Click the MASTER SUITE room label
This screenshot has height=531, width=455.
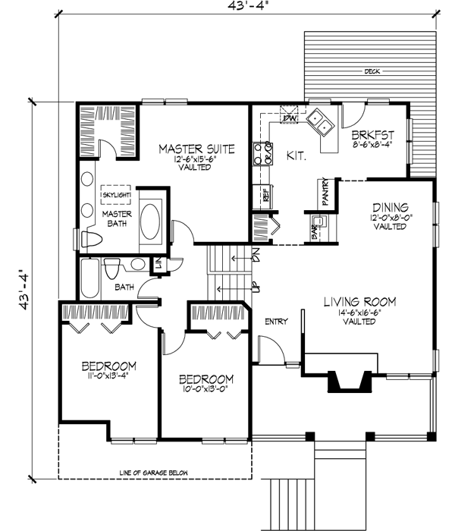(x=196, y=148)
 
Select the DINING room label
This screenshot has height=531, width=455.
(x=391, y=206)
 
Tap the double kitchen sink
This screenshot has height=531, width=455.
(x=318, y=121)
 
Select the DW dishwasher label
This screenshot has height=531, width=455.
(x=289, y=118)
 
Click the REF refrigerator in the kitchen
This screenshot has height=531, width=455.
(x=266, y=193)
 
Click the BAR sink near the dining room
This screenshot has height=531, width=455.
(x=319, y=222)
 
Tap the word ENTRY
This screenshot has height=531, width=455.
(x=276, y=322)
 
